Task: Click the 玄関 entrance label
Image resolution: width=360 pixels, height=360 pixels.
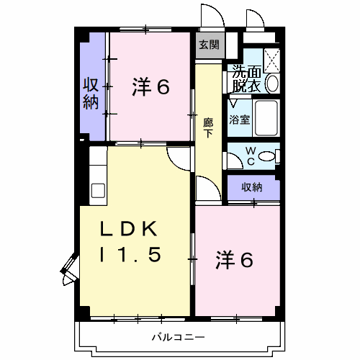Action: point(210,45)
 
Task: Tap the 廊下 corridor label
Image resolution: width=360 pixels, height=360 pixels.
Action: point(208,128)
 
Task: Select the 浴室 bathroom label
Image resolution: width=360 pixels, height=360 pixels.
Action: point(239,120)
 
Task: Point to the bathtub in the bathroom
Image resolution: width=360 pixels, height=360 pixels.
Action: point(266,118)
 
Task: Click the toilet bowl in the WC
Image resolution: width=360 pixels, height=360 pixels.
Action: point(266,156)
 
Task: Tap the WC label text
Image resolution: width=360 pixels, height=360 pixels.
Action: point(251,156)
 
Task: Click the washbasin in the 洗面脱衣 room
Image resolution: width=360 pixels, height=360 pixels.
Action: point(272,84)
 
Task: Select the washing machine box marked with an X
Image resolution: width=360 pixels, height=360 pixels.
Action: point(272,60)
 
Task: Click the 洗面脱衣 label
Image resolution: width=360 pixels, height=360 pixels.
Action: point(246,78)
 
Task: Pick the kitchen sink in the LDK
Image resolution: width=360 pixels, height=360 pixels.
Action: point(98,191)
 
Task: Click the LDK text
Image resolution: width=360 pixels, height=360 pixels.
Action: point(129,229)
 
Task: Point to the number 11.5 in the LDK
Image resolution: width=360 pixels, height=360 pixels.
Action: point(130,255)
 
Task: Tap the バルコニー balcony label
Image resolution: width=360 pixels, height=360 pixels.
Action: point(178,337)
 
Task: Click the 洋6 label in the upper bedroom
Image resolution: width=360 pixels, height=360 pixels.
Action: point(150,86)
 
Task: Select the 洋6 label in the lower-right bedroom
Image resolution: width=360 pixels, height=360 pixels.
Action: point(234,260)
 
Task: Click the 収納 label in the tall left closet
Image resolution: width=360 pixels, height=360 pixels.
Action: point(91,94)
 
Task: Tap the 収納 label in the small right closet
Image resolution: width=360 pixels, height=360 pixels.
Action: point(252,187)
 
